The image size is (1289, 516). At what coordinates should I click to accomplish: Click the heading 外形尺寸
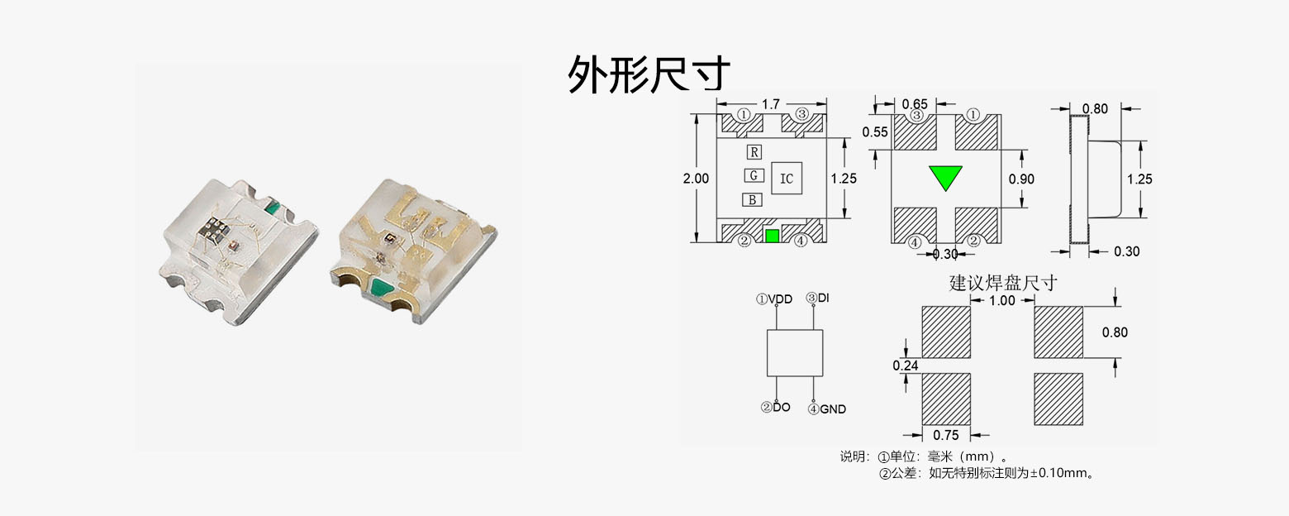(649, 74)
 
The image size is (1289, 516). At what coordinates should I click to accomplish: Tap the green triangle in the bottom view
(945, 177)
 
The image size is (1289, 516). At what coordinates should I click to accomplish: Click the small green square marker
(772, 236)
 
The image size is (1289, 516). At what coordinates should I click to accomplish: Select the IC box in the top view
(787, 178)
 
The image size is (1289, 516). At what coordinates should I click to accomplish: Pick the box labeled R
(754, 152)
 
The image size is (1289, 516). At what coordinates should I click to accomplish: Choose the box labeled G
(753, 175)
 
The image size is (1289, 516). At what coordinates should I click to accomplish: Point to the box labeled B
(752, 199)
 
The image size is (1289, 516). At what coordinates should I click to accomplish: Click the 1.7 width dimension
(770, 104)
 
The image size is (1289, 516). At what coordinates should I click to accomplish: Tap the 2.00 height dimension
(697, 179)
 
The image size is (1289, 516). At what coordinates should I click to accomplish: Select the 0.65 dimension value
(914, 104)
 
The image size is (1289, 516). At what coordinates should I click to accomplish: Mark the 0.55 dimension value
(874, 132)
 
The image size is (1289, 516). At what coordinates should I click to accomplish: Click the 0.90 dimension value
(1021, 179)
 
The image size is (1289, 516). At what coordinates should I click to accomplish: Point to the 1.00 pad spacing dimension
(1001, 301)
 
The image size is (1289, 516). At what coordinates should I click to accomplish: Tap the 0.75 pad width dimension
(945, 435)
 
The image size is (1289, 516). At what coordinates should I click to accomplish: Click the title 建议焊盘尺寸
(1002, 283)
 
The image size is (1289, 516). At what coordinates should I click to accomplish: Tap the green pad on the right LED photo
(382, 289)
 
